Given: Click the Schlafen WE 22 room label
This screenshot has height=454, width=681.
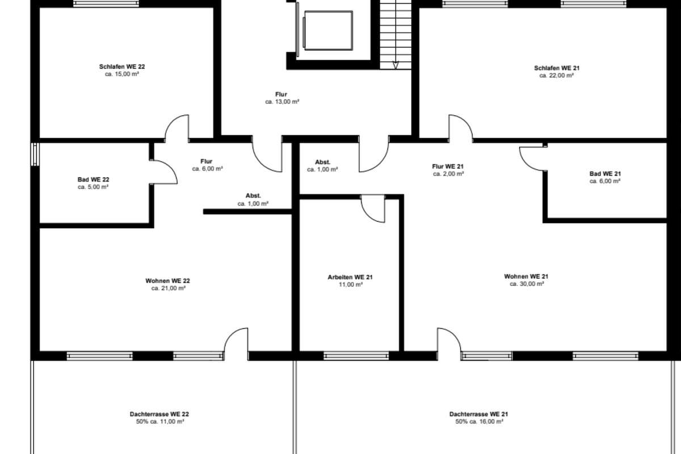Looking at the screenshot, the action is click(122, 66).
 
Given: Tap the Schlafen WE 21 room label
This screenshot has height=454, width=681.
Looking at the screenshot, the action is click(557, 68).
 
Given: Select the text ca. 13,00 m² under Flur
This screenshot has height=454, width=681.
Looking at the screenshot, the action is click(282, 102).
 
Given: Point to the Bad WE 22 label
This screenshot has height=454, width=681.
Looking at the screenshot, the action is click(93, 180).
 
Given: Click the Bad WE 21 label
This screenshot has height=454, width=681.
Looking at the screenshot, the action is click(605, 174).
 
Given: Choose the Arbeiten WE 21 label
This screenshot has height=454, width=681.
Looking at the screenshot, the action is click(350, 278).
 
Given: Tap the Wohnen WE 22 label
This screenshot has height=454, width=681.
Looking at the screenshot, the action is click(167, 281).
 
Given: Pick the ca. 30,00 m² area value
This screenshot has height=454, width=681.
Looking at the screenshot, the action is click(527, 284).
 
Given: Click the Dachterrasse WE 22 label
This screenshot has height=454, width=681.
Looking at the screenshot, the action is click(159, 414).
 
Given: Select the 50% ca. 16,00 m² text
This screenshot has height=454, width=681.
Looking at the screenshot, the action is click(479, 422).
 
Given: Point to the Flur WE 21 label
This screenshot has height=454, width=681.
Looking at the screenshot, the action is click(448, 167).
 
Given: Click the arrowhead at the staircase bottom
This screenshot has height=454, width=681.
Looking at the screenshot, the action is click(396, 65).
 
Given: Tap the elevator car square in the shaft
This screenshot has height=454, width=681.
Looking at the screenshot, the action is click(329, 31).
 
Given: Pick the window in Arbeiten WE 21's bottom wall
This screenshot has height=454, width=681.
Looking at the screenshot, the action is click(356, 356).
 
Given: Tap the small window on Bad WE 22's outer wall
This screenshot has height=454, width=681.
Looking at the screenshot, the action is click(35, 154).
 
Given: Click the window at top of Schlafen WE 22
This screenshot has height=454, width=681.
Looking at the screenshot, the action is click(106, 3).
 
